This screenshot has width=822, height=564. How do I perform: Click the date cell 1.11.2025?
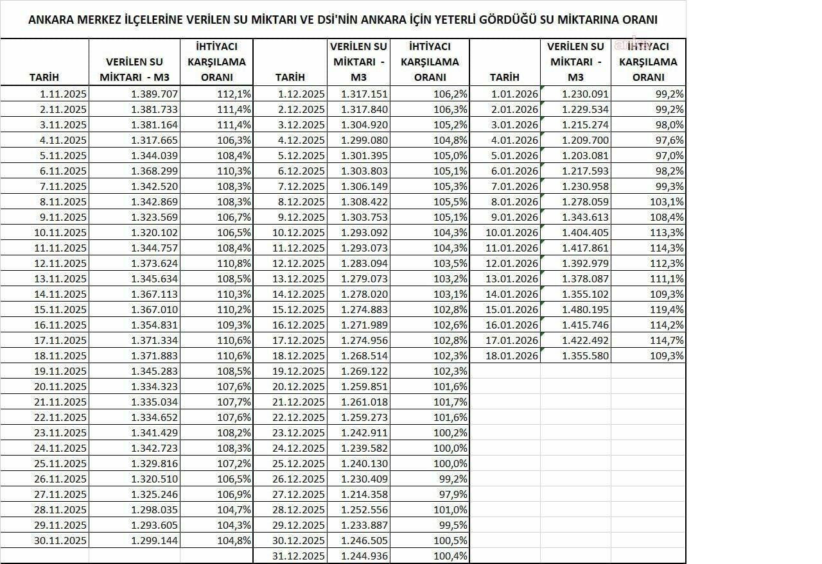(x=62, y=94)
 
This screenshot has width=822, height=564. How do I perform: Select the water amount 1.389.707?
(x=154, y=94)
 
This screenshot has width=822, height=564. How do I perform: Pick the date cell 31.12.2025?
(x=299, y=556)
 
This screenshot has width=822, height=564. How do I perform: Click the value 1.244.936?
(x=364, y=556)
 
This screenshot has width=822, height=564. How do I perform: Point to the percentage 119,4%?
(x=667, y=309)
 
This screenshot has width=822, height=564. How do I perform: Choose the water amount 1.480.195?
(x=585, y=309)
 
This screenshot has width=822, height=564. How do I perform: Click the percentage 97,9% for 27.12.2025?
(x=451, y=494)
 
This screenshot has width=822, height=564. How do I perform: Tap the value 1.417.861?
(x=585, y=248)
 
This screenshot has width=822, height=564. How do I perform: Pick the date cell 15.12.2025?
(x=299, y=309)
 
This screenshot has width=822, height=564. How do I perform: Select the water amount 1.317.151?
(x=364, y=94)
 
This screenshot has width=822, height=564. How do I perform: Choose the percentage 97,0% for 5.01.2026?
(x=669, y=155)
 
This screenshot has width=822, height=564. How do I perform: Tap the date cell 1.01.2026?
(x=514, y=94)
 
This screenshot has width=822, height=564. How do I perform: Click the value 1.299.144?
(x=154, y=540)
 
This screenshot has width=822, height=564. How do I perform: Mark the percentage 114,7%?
(x=667, y=340)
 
